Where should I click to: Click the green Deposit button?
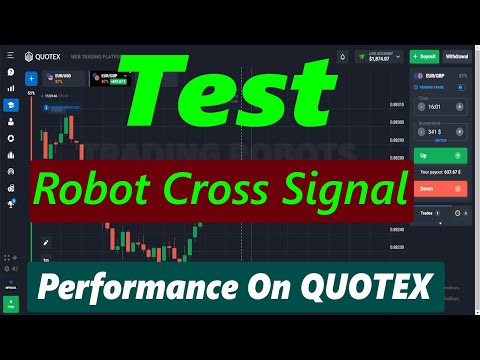point(425,57)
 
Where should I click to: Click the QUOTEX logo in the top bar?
point(42,57)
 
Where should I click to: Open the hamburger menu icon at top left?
point(10,56)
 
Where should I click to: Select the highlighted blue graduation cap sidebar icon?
point(10,105)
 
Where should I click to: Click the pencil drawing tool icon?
point(45,241)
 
